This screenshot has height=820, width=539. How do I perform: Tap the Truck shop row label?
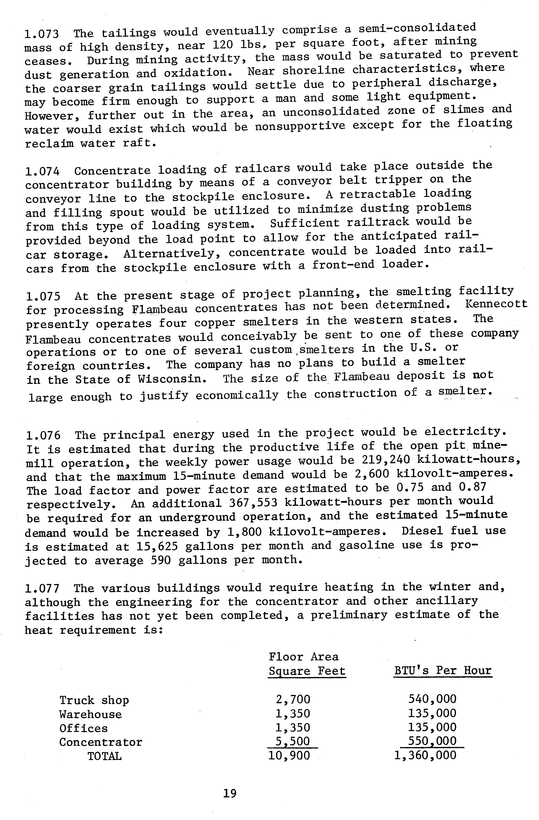94,700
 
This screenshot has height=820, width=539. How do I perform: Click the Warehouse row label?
90,714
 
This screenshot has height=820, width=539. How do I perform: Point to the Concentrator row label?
101,742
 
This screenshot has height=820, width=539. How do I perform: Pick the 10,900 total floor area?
289,756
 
